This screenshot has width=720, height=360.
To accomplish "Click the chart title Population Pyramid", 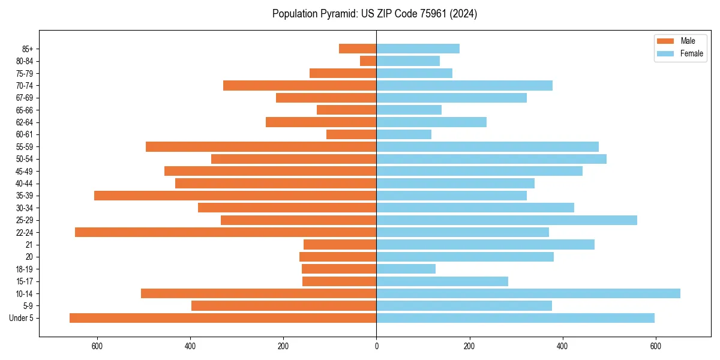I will click(x=374, y=14).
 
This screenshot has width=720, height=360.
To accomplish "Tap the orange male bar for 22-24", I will click(x=226, y=232).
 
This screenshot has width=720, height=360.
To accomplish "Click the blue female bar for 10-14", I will click(x=528, y=293).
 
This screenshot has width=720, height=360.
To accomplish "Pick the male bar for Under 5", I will click(x=223, y=318).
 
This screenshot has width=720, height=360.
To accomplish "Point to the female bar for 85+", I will click(x=418, y=49).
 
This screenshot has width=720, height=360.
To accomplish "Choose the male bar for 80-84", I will click(x=368, y=61).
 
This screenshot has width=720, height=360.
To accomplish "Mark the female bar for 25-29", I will click(x=506, y=220).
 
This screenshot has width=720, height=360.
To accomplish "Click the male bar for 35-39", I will click(x=235, y=196).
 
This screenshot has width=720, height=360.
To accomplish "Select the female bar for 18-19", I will click(x=406, y=269).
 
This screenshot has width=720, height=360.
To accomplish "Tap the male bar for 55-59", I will click(x=261, y=146).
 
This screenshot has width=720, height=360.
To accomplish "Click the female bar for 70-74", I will click(x=464, y=85).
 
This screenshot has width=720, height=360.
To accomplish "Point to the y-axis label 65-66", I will click(x=25, y=110).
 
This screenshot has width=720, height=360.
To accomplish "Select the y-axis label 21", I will click(x=29, y=245).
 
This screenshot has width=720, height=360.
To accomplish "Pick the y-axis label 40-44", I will click(x=25, y=184).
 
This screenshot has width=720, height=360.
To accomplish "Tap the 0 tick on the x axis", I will click(x=376, y=346).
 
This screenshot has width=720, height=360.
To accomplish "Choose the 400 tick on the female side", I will click(x=562, y=346).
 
